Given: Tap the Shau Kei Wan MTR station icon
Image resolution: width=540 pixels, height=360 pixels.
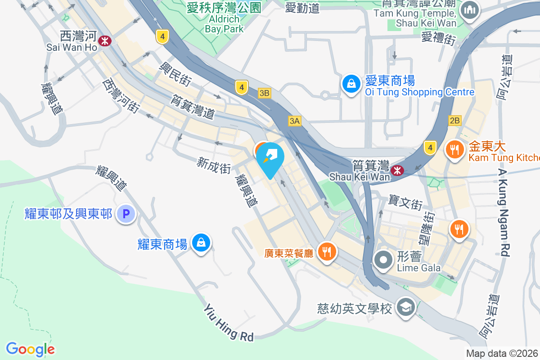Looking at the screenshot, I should pyautogui.click(x=396, y=170).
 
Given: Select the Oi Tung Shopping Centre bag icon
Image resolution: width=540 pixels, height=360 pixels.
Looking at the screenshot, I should pyautogui.click(x=351, y=83).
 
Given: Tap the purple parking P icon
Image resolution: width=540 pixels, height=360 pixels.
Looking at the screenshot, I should pyautogui.click(x=126, y=214).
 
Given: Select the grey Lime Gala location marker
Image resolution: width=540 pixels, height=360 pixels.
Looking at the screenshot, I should pyautogui.click(x=383, y=260).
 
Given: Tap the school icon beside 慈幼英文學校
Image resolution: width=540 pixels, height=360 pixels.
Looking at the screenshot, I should pyautogui.click(x=406, y=308).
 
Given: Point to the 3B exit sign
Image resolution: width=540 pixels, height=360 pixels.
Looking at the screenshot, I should pyautogui.click(x=265, y=93).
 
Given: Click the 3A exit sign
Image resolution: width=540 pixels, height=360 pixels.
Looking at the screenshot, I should pyautogui.click(x=294, y=121).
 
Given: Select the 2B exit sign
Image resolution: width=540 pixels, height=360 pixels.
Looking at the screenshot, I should pyautogui.click(x=454, y=120).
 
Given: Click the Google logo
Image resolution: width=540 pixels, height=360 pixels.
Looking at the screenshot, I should pyautogui.click(x=30, y=349).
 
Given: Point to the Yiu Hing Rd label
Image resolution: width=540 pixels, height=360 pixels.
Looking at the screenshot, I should pyautogui.click(x=229, y=322).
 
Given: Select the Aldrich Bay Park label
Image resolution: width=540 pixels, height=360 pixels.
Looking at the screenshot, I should pyautogui.click(x=224, y=24).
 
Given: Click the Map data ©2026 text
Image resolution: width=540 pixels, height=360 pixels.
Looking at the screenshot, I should pyautogui.click(x=502, y=354).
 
